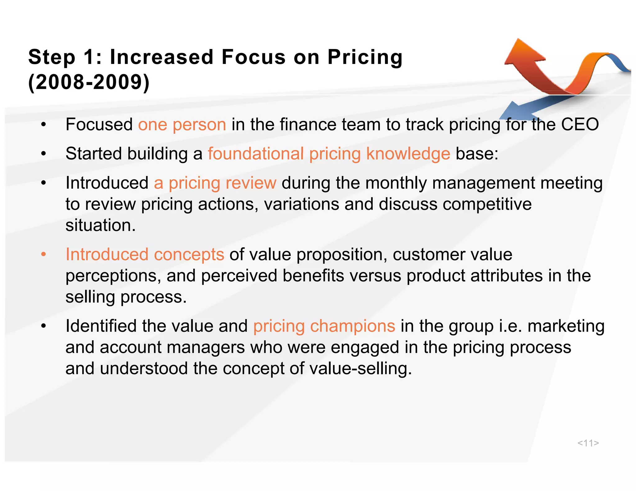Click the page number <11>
click(x=588, y=443)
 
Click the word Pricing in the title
click(x=365, y=58)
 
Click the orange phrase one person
click(x=182, y=125)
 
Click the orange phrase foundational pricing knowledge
click(x=329, y=154)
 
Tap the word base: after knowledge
click(x=477, y=154)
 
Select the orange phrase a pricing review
click(x=215, y=183)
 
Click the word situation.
click(x=101, y=225)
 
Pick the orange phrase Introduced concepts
click(x=145, y=255)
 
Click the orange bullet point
click(x=43, y=255)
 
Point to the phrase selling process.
click(x=126, y=297)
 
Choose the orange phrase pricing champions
click(x=324, y=326)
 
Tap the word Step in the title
click(x=52, y=58)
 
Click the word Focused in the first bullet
click(x=99, y=125)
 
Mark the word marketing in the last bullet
click(x=566, y=326)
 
